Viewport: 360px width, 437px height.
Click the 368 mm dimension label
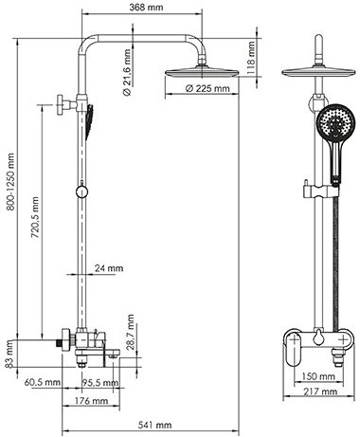coord(146,8)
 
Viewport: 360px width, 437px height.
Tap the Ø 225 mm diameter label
coord(207,88)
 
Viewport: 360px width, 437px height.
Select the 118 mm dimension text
coord(251,57)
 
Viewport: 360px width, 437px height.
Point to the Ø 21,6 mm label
coord(127,72)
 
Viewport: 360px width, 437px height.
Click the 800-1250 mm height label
coord(10,182)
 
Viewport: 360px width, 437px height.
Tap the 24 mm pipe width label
coord(109,268)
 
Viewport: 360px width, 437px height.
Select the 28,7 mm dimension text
coord(131,332)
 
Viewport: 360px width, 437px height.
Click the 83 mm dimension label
coord(9,355)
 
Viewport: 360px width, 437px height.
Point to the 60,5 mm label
coord(43,383)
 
